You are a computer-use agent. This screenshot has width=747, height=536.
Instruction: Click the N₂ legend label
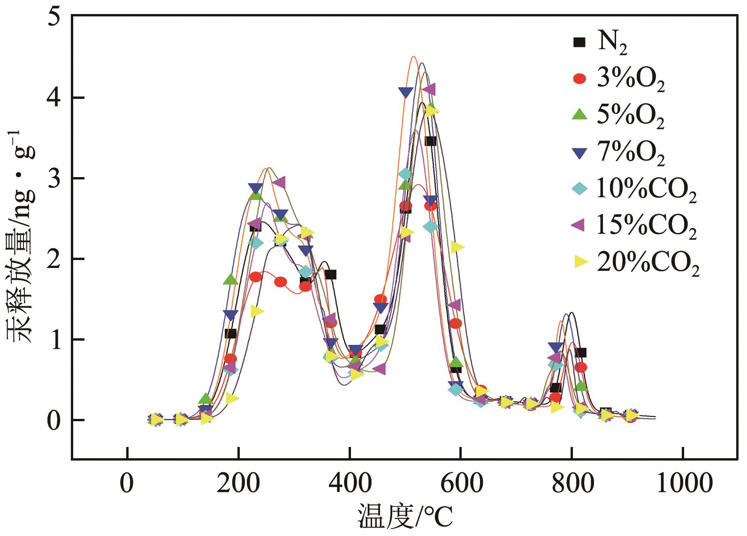coord(612,43)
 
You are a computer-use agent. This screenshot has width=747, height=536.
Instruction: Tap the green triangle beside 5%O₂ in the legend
coord(580,114)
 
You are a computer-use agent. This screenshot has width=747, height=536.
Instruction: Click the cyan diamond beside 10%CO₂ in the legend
coord(580,189)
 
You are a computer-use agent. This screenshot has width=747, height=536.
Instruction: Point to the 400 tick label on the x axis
coord(349,483)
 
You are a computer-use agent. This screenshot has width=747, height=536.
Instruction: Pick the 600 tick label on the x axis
coord(460,483)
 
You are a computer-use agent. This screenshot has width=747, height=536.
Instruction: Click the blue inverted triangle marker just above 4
coord(405,92)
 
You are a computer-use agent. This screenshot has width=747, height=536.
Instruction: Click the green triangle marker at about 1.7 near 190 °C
coord(230,280)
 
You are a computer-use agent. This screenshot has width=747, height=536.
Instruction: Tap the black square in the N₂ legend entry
coord(580,43)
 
